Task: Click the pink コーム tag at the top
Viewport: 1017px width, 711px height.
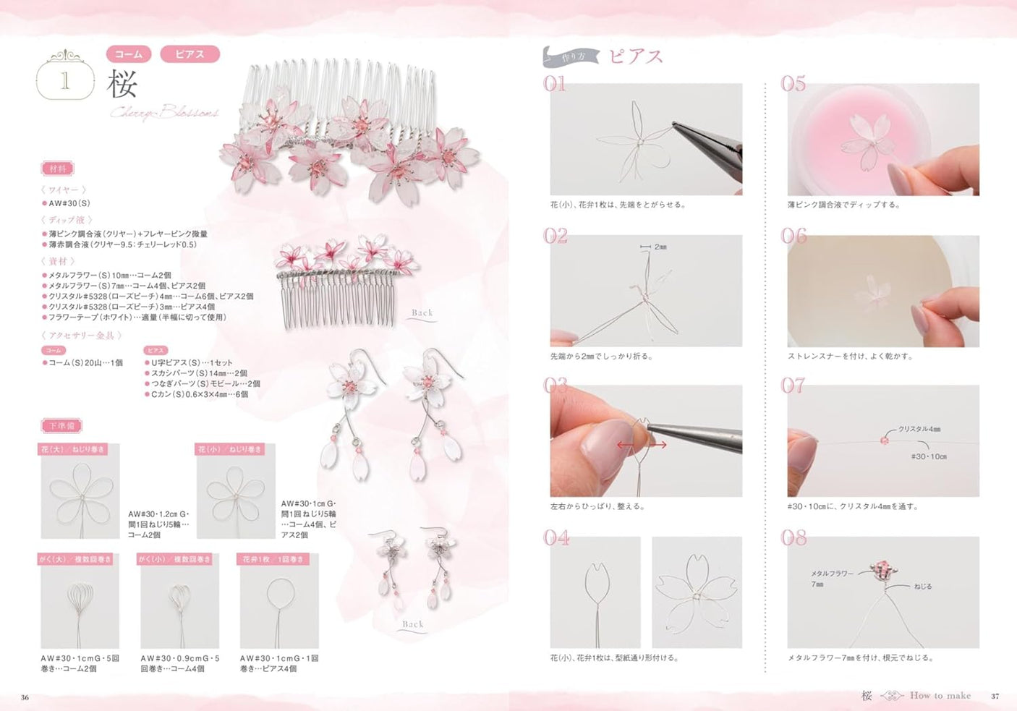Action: tap(129, 54)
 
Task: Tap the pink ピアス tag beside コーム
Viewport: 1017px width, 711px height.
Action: tap(190, 54)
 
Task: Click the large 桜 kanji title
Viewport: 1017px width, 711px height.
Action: tap(122, 84)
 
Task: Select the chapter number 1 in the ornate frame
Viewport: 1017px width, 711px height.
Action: tap(65, 80)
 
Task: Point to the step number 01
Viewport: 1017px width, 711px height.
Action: tap(555, 84)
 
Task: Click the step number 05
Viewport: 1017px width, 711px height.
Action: tap(793, 84)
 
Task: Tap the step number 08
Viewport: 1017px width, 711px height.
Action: tap(793, 537)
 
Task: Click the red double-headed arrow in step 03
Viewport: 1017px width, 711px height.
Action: tap(641, 445)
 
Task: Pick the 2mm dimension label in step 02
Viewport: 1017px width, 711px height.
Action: tap(660, 247)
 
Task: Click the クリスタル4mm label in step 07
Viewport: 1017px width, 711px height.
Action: tap(919, 429)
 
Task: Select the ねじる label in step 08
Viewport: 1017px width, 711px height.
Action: tap(923, 587)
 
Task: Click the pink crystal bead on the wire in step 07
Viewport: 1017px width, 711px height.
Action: tap(884, 440)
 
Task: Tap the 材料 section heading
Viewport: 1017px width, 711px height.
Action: tap(58, 169)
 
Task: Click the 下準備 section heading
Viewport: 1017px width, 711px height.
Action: tap(61, 425)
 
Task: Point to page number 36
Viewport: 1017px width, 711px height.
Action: tap(25, 697)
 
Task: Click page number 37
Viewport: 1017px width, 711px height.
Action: tap(995, 696)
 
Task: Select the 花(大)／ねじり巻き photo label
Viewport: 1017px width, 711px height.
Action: tap(73, 449)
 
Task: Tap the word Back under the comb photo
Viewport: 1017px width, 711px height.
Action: tap(422, 313)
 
